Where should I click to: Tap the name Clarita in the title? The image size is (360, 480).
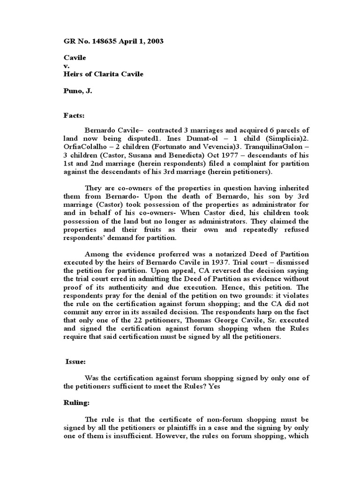(x=113, y=74)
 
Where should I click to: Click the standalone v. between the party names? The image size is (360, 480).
(x=67, y=66)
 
